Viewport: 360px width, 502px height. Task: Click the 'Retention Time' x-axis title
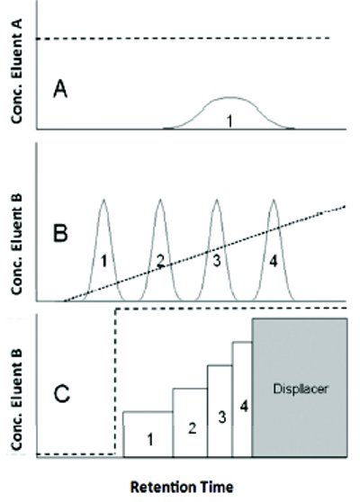(182, 488)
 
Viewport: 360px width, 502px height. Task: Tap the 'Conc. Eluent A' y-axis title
(17, 71)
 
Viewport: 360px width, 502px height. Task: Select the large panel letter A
(60, 89)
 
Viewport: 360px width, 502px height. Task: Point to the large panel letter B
(60, 233)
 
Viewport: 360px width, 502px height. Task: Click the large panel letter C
(62, 393)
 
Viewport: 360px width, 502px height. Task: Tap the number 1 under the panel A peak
(229, 121)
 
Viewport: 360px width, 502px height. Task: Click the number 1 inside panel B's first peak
(103, 261)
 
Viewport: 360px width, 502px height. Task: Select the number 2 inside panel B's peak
(160, 261)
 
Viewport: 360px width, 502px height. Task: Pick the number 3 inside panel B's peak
(217, 261)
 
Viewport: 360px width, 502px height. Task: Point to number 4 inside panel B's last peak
(274, 261)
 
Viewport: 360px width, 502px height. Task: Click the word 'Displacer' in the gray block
(301, 389)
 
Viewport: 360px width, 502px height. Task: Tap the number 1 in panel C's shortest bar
(150, 440)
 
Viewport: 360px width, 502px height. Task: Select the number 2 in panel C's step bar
(193, 428)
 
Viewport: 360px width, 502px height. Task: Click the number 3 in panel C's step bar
(222, 417)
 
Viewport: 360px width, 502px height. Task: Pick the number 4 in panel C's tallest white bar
(244, 407)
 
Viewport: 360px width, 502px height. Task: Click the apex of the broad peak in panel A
(229, 97)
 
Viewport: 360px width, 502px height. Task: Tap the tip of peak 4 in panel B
(274, 200)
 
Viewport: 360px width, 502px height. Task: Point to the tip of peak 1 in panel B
(103, 200)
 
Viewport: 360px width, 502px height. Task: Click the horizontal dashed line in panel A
(184, 39)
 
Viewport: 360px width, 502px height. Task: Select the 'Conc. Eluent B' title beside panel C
(17, 399)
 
